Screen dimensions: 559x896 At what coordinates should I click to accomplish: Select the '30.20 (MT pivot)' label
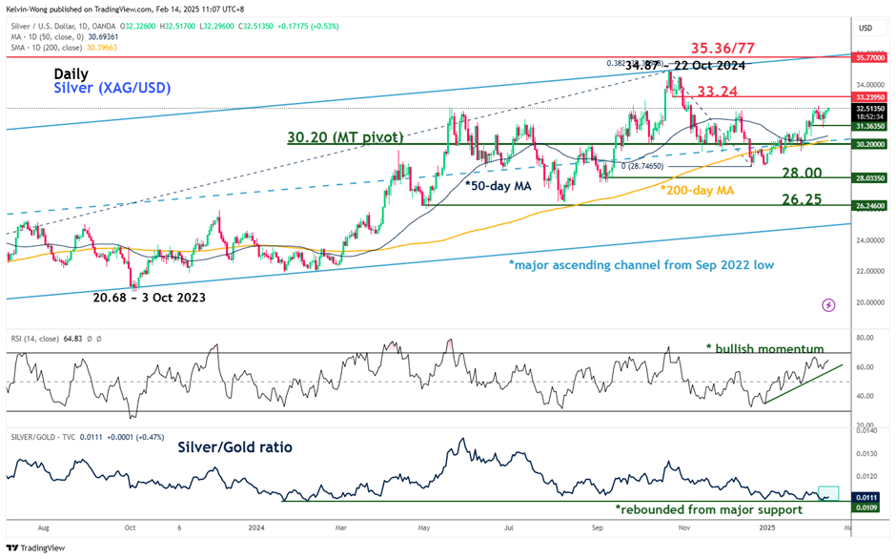(346, 137)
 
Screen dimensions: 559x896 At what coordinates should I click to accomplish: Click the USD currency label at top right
(865, 27)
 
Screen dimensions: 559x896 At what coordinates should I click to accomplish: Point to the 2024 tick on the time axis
(255, 527)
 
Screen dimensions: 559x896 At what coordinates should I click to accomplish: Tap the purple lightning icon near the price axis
(827, 305)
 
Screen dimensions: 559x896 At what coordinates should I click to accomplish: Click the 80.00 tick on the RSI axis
(864, 338)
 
